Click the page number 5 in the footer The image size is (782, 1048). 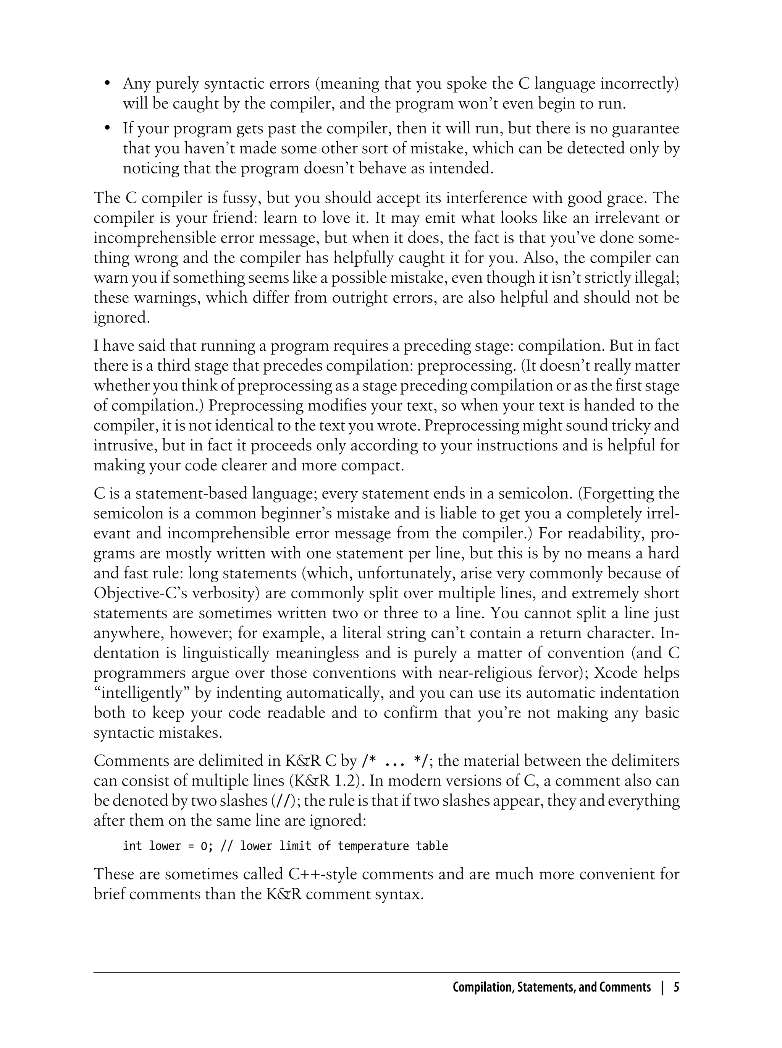click(x=677, y=987)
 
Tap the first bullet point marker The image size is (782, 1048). click(x=107, y=84)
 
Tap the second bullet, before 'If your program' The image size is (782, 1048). click(x=107, y=128)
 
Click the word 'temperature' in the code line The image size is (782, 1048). click(x=373, y=846)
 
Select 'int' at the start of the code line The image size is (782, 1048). click(x=132, y=846)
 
